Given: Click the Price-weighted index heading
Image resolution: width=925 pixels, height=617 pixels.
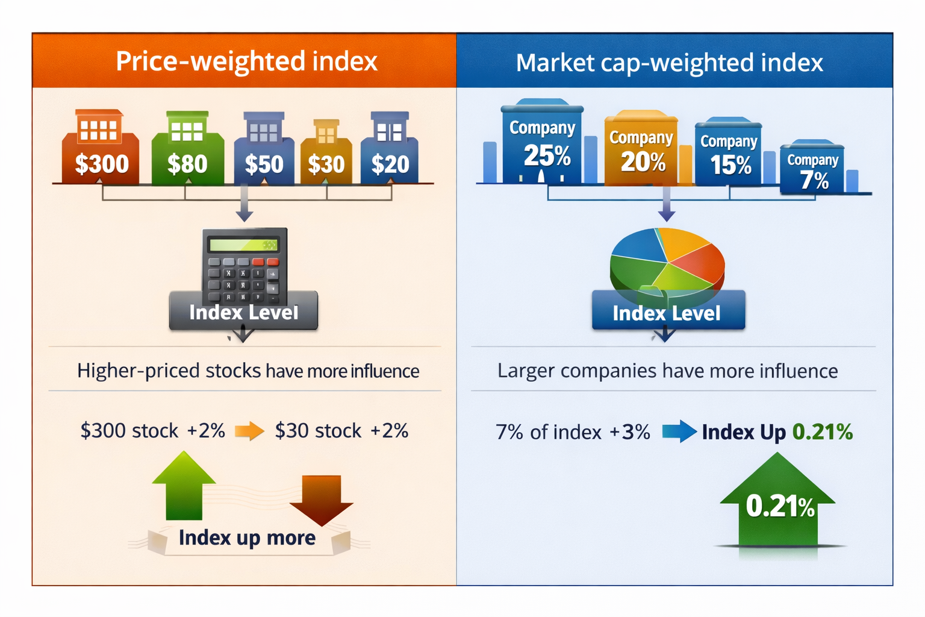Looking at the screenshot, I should pyautogui.click(x=246, y=61).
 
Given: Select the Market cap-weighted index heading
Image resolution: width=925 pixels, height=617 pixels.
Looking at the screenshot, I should pyautogui.click(x=669, y=63).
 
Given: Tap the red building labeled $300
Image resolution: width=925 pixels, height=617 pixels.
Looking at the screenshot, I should pyautogui.click(x=101, y=151).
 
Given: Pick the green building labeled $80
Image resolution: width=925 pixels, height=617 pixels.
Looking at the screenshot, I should pyautogui.click(x=187, y=151).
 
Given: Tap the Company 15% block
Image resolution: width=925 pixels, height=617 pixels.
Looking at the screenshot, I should pyautogui.click(x=729, y=153).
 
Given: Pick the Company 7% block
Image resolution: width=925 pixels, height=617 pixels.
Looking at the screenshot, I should pyautogui.click(x=812, y=169).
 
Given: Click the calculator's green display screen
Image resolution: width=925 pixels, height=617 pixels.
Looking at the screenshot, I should pyautogui.click(x=243, y=245).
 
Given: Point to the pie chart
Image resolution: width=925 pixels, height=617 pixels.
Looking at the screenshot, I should pyautogui.click(x=667, y=262).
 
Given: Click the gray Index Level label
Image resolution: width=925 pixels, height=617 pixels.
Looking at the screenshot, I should pyautogui.click(x=243, y=312).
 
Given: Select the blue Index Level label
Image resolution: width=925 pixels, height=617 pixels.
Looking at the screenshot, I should pyautogui.click(x=667, y=313).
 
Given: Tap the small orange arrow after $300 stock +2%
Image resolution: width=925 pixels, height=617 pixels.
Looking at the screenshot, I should pyautogui.click(x=249, y=431).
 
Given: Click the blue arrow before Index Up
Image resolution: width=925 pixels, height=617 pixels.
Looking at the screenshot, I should pyautogui.click(x=679, y=431).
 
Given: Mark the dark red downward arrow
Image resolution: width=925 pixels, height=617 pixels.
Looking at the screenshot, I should pyautogui.click(x=322, y=498).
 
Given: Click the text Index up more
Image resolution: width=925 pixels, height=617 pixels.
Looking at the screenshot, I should pyautogui.click(x=247, y=537).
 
